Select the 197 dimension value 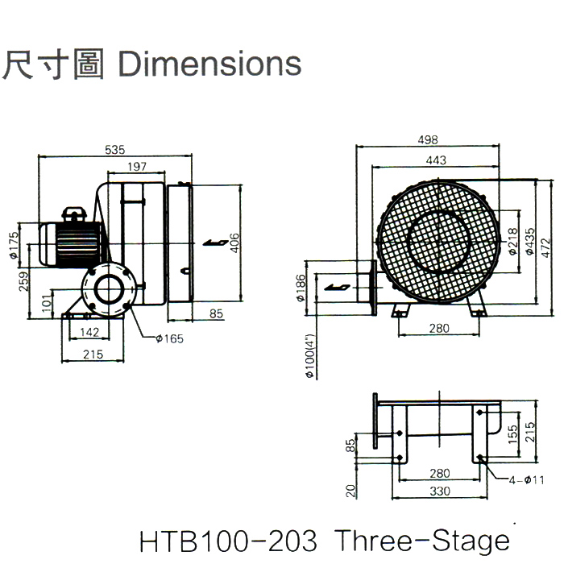137,167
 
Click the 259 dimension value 23,281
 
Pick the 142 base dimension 91,333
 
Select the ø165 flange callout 169,339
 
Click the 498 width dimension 439,140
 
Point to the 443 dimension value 435,160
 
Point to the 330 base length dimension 439,491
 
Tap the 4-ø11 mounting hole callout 527,480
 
